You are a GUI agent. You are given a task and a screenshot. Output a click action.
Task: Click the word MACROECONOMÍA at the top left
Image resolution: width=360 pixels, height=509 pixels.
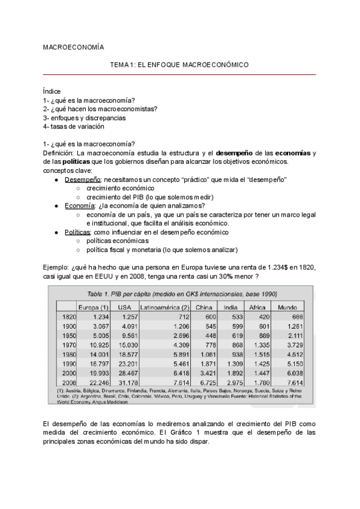coord(73,47)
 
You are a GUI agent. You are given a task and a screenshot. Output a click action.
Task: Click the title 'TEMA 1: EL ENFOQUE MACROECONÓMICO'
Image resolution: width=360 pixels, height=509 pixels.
coord(179,64)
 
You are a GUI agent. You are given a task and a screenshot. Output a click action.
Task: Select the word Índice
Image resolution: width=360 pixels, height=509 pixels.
coord(52,91)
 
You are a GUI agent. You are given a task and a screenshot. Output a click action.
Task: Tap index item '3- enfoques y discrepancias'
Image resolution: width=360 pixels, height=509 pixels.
coord(84,118)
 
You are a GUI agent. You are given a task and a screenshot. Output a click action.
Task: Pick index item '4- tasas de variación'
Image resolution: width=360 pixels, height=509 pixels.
coord(74,127)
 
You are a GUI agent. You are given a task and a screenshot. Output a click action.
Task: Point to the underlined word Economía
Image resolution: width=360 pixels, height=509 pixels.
coord(80,205)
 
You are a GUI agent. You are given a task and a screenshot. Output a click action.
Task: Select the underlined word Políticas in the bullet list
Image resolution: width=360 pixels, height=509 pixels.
coord(80,231)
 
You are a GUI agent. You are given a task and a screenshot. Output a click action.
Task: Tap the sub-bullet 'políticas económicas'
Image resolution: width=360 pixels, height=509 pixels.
coord(117,240)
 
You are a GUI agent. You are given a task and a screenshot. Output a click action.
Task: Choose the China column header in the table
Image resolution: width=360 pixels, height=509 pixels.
coord(203,307)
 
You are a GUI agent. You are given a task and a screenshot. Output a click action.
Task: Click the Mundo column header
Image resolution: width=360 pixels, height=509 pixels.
coord(288,307)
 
